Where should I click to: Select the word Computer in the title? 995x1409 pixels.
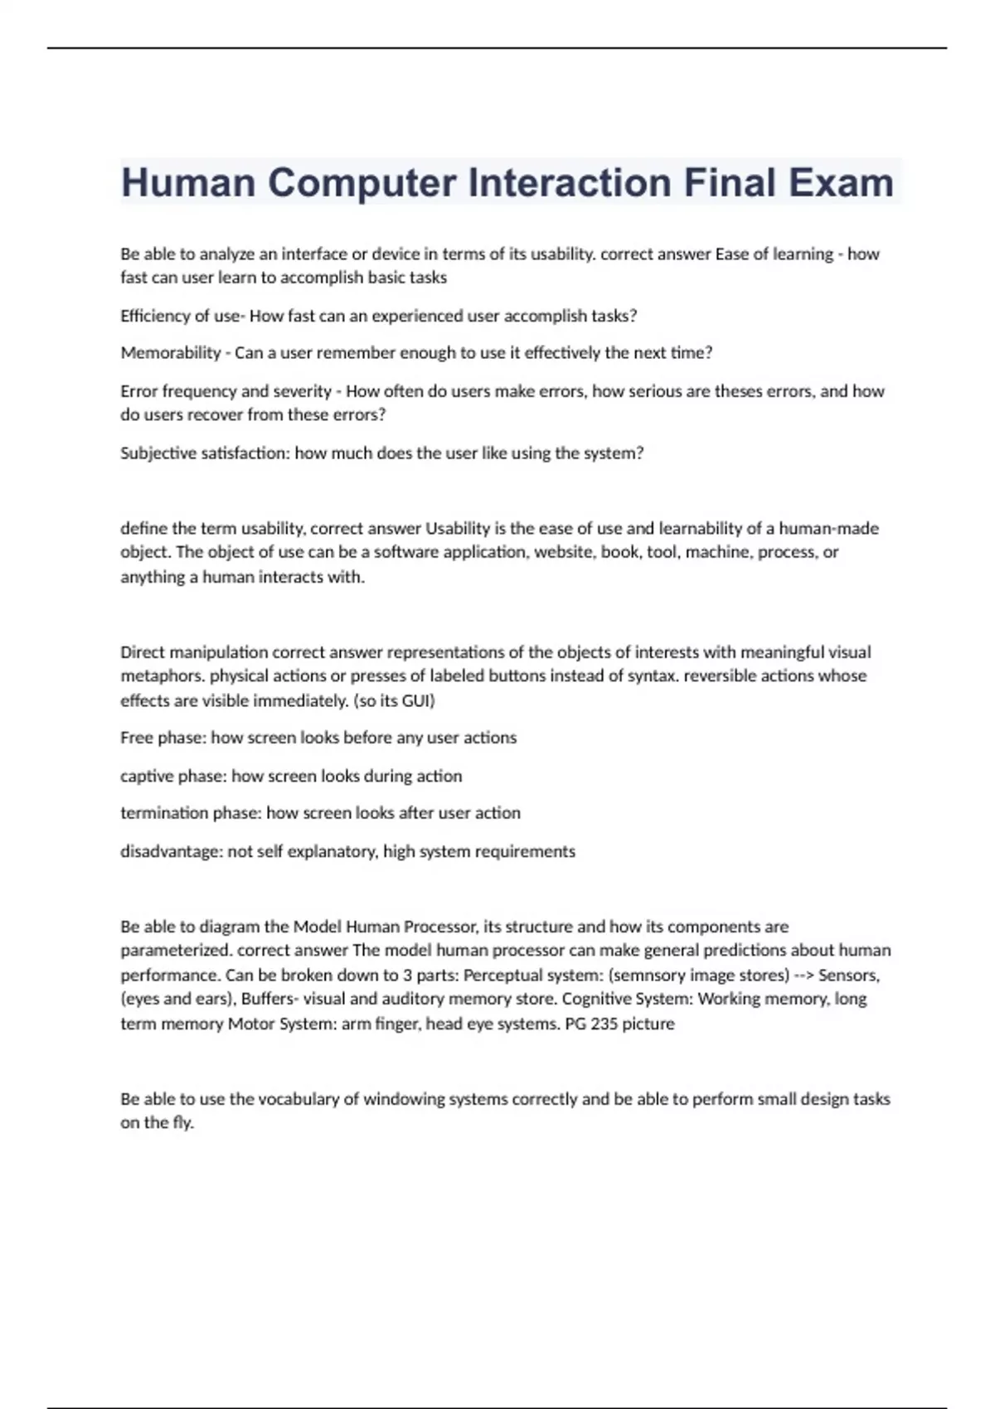click(362, 182)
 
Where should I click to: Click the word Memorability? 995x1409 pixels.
click(171, 353)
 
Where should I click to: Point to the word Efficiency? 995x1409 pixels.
click(155, 316)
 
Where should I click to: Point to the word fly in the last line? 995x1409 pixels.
click(183, 1123)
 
